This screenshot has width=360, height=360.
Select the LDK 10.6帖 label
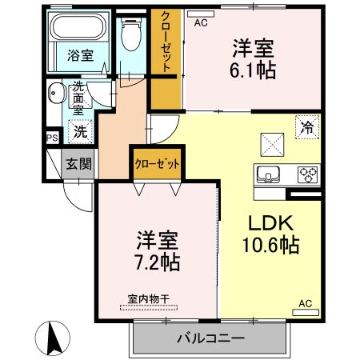[x=271, y=234]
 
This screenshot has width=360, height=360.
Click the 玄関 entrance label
[x=78, y=165]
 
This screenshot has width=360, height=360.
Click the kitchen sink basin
[x=267, y=172]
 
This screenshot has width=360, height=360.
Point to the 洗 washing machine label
[x=81, y=129]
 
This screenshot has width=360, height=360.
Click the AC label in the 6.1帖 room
[x=200, y=22]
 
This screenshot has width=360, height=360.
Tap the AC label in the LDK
[x=305, y=304]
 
